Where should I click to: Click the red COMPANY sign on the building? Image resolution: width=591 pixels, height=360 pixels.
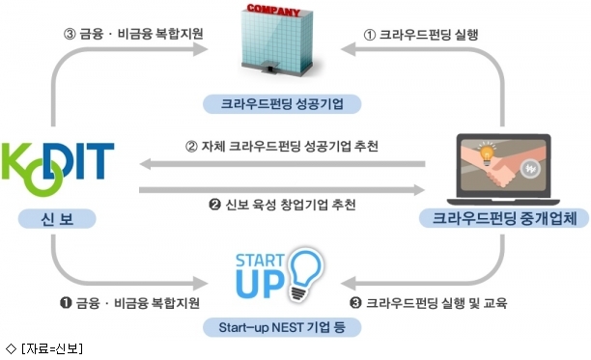273,11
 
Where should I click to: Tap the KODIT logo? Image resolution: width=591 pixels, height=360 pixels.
58,169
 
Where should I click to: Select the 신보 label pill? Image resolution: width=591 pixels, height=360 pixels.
57,219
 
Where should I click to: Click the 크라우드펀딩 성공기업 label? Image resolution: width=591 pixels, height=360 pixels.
282,104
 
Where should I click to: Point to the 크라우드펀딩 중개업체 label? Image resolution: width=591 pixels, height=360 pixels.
504,218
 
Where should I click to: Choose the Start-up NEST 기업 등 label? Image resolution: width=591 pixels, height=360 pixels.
282,327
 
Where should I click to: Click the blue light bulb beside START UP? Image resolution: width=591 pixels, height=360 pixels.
306,274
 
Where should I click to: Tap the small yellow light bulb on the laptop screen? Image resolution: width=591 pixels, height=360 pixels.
487,153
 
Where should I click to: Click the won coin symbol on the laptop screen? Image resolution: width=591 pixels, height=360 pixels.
531,169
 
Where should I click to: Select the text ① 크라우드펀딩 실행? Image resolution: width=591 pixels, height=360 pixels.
421,35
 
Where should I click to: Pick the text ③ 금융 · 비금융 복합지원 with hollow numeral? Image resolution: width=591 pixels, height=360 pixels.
133,34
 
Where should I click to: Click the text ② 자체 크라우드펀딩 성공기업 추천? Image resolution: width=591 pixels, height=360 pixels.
282,146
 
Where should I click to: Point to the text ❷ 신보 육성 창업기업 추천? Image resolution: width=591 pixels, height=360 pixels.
282,205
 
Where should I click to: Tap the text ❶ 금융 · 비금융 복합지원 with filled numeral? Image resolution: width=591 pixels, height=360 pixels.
129,303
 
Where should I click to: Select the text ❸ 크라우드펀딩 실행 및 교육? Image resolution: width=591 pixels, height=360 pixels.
428,303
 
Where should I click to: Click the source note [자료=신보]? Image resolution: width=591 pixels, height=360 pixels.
44,348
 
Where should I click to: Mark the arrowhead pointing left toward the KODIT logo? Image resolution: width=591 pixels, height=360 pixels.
146,164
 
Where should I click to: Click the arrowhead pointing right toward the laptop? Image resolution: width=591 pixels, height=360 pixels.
419,190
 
